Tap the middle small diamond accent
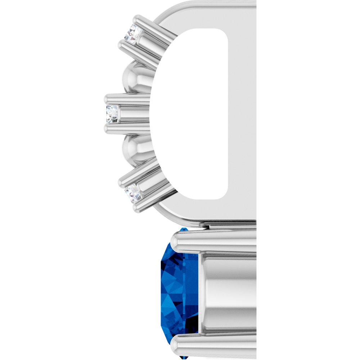point(112,114)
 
